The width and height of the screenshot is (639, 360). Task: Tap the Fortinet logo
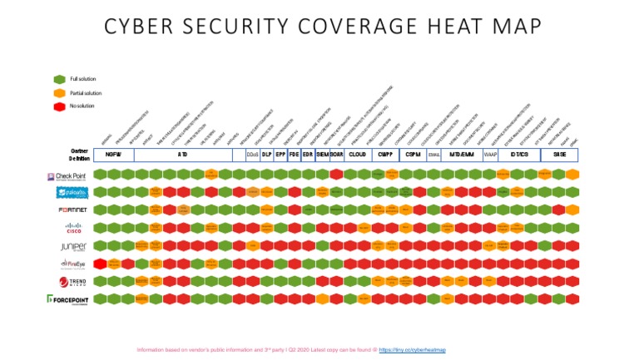[67, 210]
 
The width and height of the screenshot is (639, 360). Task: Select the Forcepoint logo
[65, 299]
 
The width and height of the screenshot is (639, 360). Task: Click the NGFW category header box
[114, 155]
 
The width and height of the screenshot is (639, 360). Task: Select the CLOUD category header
[357, 155]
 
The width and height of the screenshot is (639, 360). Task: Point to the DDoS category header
[252, 155]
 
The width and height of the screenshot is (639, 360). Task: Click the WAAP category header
[490, 155]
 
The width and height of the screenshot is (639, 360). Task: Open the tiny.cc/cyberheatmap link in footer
[414, 350]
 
